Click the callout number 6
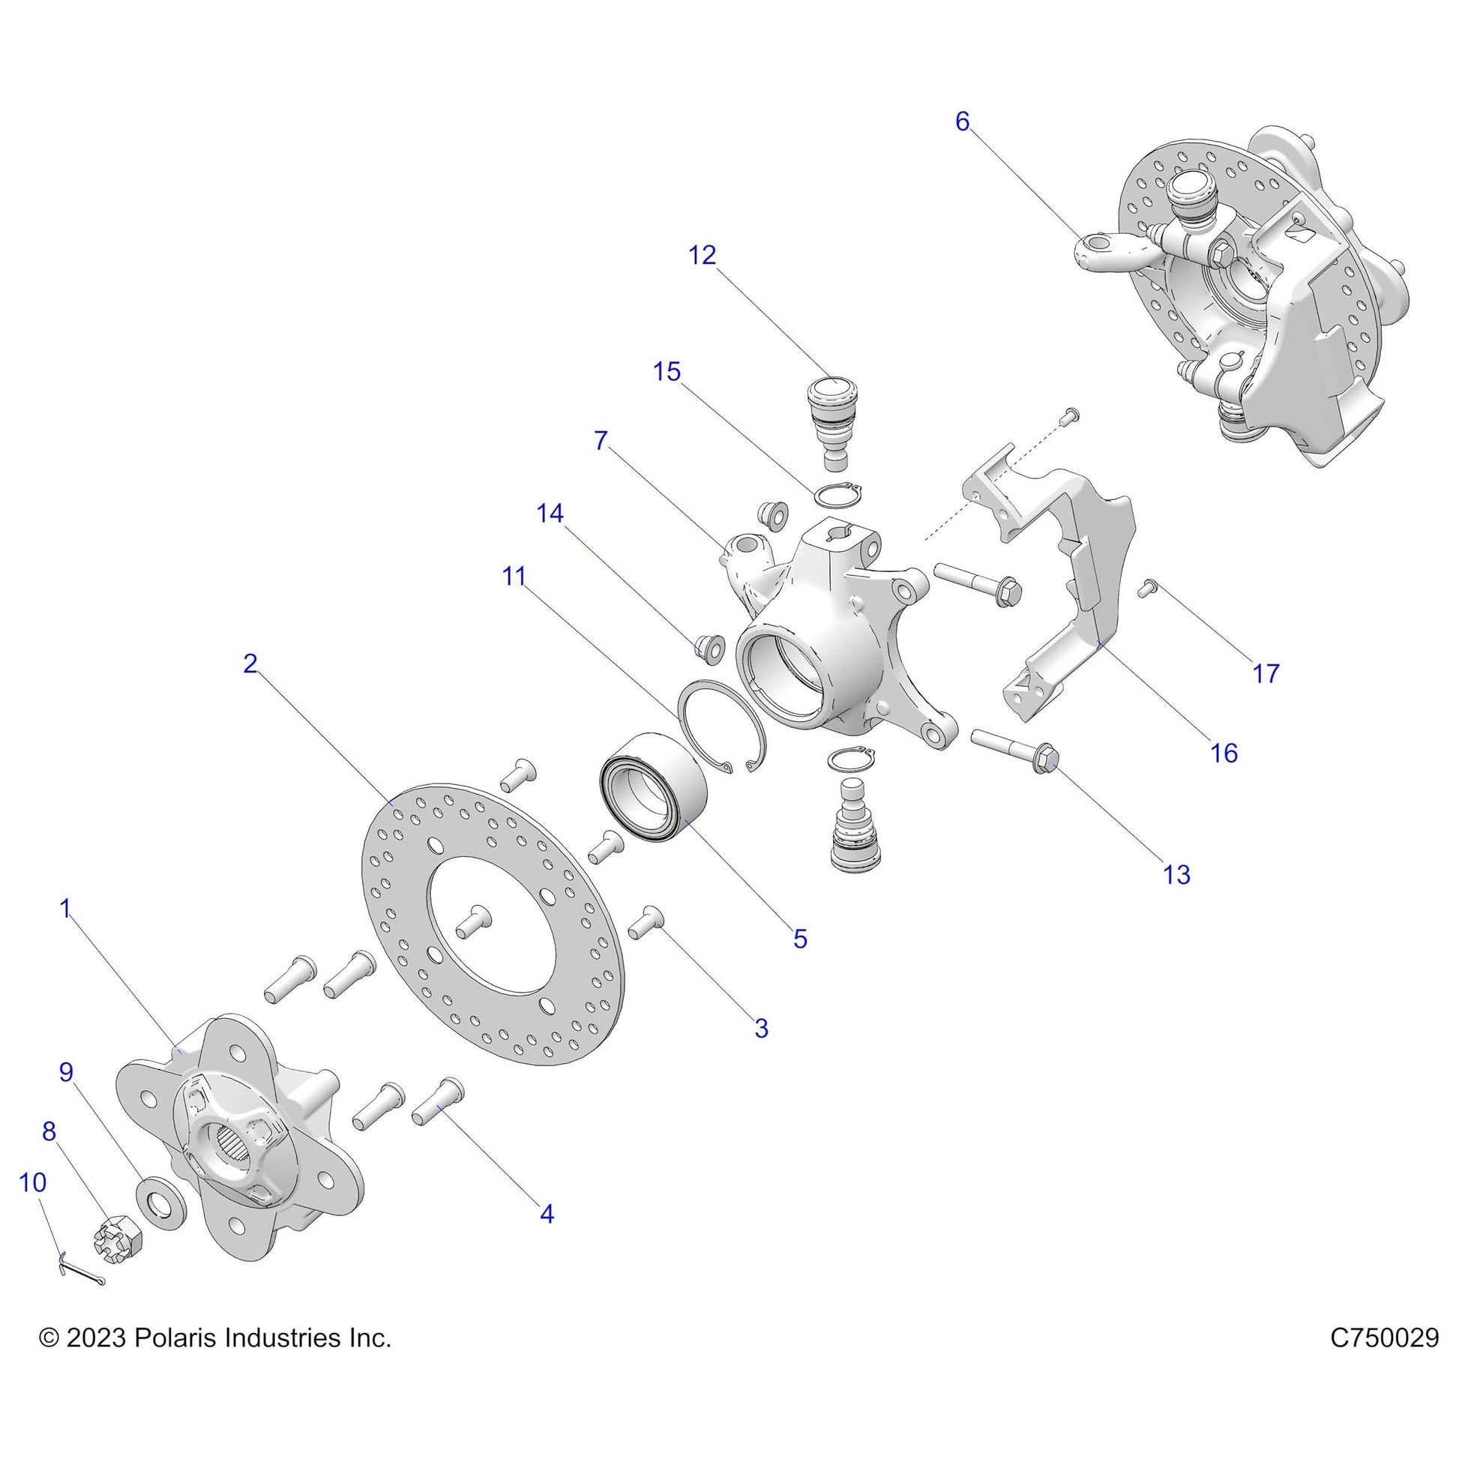[x=962, y=121]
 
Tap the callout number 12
[x=702, y=255]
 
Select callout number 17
[x=1266, y=673]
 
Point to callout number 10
[x=32, y=1182]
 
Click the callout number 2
[x=250, y=664]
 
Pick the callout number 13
[x=1176, y=874]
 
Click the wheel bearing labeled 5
[x=654, y=788]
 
